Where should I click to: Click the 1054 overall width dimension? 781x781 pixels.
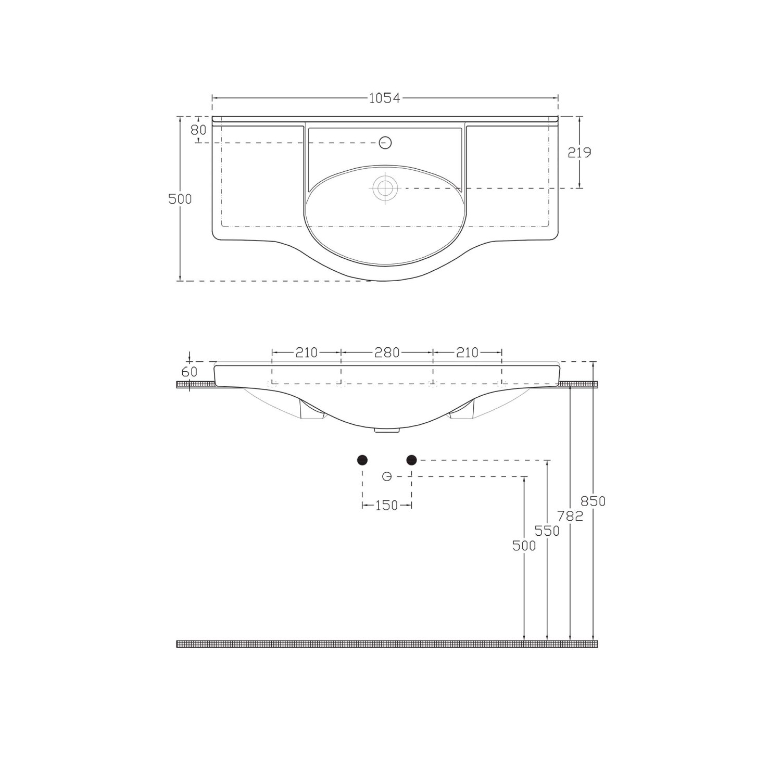[x=384, y=98]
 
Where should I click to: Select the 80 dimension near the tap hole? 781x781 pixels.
[x=198, y=130]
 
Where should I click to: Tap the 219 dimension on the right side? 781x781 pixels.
[x=580, y=153]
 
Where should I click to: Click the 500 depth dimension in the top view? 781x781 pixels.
[x=180, y=199]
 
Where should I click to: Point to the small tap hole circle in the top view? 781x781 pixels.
[x=385, y=142]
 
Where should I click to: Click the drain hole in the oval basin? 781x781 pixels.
[x=385, y=187]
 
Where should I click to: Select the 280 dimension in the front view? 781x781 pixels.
[x=387, y=352]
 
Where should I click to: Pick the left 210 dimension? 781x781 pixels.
[x=306, y=352]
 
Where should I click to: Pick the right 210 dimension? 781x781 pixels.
[x=467, y=352]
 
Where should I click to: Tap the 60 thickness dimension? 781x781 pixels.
[x=190, y=372]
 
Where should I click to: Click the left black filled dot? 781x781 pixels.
[x=362, y=460]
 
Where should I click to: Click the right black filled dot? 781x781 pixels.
[x=411, y=460]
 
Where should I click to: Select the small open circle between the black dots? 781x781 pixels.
[x=386, y=476]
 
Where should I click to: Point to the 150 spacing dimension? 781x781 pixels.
[x=386, y=505]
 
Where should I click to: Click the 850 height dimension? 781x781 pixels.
[x=593, y=501]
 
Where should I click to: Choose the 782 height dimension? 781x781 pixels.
[x=570, y=516]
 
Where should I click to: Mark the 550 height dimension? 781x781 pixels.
[x=547, y=531]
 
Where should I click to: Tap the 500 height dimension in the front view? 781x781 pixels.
[x=524, y=545]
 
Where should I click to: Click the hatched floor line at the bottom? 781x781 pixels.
[x=387, y=644]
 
